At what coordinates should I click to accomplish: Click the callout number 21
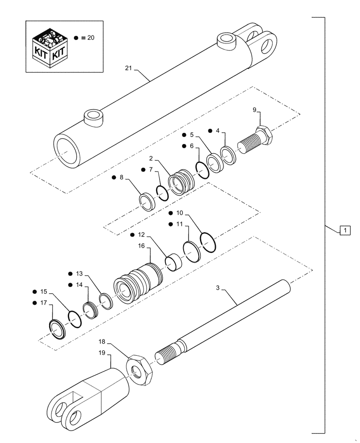[129, 68]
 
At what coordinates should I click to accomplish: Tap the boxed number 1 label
[345, 230]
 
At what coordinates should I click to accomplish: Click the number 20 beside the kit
[90, 38]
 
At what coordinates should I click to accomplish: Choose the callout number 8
[121, 178]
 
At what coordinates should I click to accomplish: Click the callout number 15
[43, 292]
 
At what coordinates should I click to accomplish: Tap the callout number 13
[79, 273]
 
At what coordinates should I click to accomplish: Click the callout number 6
[191, 146]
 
